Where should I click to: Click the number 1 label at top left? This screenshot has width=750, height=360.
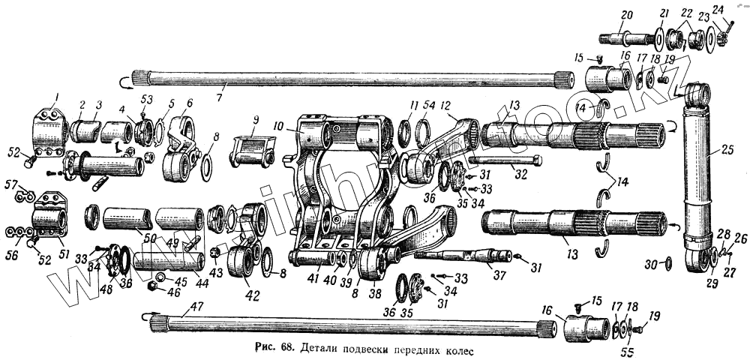(x=55, y=96)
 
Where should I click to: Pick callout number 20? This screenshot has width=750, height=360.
(x=627, y=15)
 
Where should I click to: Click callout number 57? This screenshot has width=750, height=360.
(x=10, y=184)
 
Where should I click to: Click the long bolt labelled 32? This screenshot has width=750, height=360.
(x=502, y=160)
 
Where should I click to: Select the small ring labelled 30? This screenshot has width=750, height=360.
(x=668, y=264)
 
